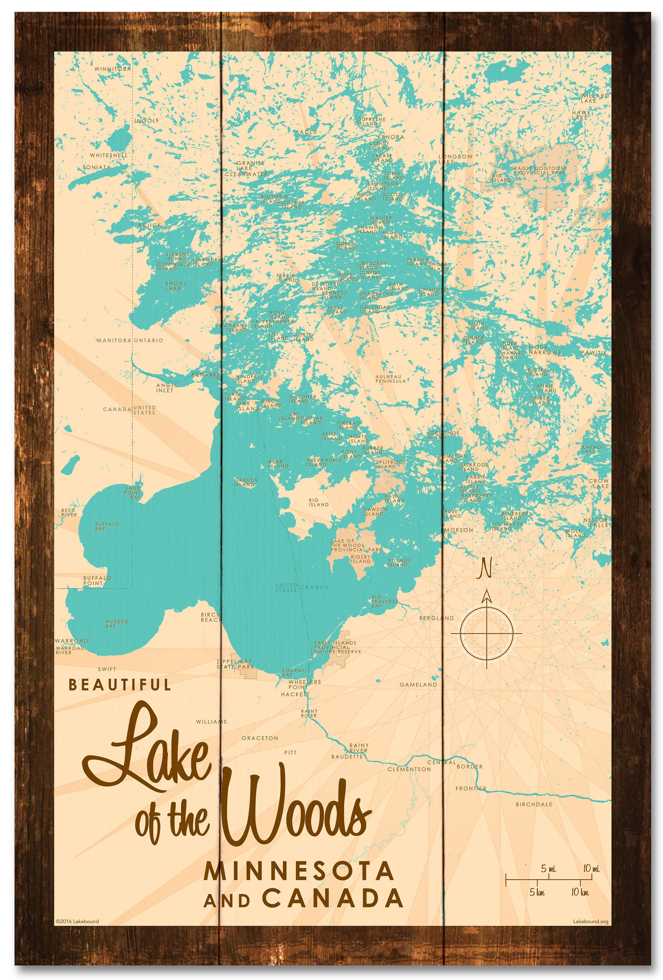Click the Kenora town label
point(390,137)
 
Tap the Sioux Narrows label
point(544,350)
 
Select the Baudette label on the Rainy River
point(347,757)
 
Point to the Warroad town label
point(72,641)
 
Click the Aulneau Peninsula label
point(390,379)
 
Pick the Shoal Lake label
point(176,286)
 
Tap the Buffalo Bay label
point(107,526)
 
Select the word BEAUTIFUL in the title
point(120,685)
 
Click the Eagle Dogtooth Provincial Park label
point(540,171)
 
